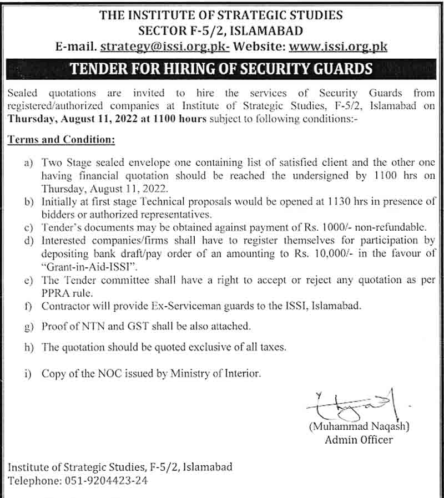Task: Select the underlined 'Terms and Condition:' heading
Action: pos(61,140)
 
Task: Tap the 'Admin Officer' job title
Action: pos(359,440)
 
